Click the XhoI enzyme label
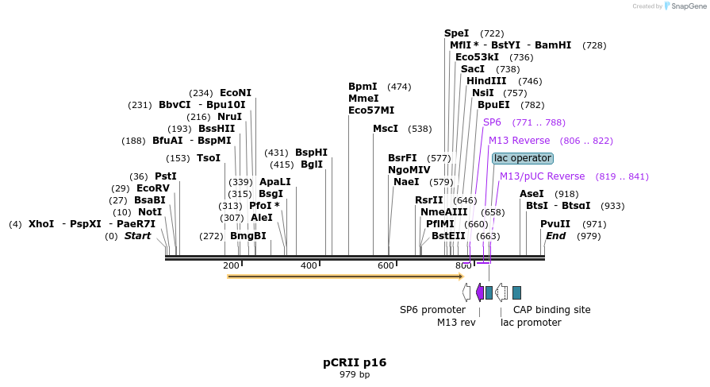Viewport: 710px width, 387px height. tap(41, 224)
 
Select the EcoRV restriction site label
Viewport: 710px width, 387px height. tap(153, 188)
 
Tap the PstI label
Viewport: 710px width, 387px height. tap(166, 176)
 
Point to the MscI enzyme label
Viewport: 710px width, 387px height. tap(386, 129)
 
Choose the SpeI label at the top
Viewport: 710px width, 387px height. tap(456, 33)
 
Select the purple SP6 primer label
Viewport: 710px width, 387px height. tap(492, 122)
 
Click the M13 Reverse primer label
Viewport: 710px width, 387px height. tap(519, 141)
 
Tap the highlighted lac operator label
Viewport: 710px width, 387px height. tap(522, 158)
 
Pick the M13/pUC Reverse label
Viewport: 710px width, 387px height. tap(542, 176)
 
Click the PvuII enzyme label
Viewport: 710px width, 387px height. tap(555, 224)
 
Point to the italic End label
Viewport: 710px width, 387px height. tap(555, 236)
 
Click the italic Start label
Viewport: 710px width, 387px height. tap(137, 236)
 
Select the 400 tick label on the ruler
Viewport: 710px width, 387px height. tap(309, 265)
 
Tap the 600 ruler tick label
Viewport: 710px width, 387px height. tap(386, 265)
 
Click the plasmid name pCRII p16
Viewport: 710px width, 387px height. tap(355, 362)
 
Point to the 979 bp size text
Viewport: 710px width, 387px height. tap(355, 374)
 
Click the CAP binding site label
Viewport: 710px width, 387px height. tap(551, 310)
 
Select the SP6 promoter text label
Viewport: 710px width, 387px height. tap(432, 310)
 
